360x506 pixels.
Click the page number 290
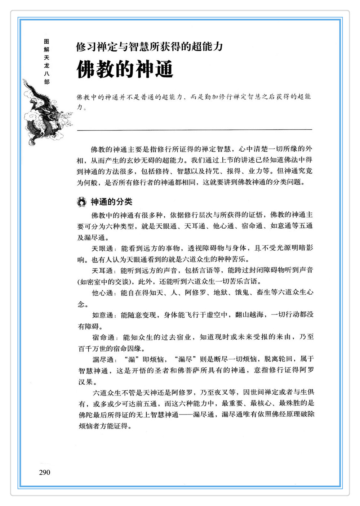click(x=45, y=473)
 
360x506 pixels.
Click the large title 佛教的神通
click(x=125, y=69)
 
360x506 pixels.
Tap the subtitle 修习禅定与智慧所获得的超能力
click(x=149, y=46)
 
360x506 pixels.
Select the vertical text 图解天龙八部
click(x=46, y=62)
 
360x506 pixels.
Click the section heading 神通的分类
click(x=111, y=202)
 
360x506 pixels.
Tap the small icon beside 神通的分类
click(x=82, y=202)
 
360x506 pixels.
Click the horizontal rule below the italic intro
click(x=195, y=129)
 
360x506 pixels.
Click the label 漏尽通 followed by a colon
click(x=103, y=359)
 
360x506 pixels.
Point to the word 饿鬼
click(x=242, y=293)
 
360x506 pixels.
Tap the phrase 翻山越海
click(x=249, y=315)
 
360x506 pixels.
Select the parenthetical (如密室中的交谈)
click(x=105, y=282)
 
